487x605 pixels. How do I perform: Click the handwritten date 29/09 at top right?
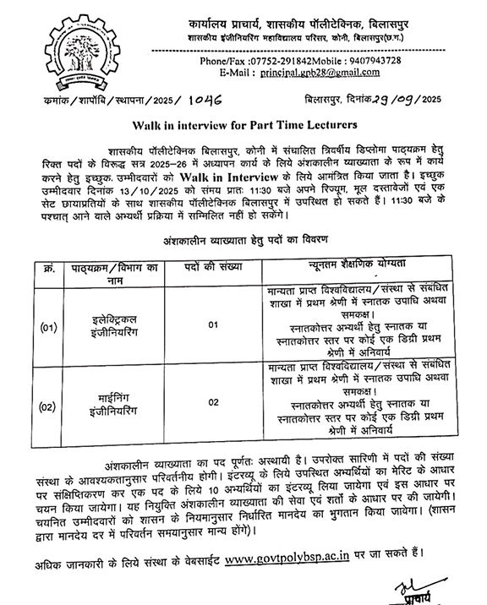(x=397, y=100)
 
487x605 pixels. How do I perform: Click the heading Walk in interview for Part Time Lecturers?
(x=243, y=127)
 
